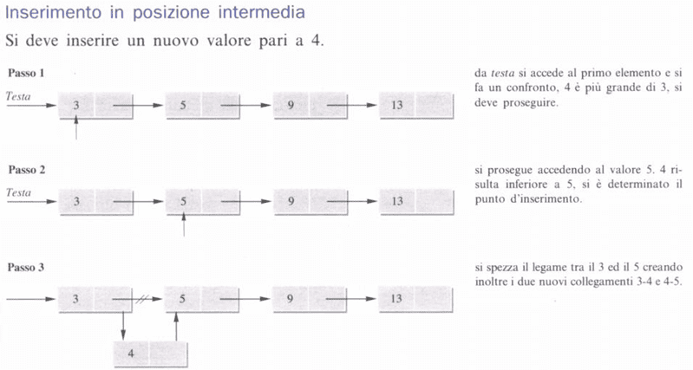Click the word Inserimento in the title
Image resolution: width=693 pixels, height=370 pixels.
click(x=54, y=12)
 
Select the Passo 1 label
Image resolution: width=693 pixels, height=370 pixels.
click(x=26, y=73)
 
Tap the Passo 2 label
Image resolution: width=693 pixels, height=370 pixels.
click(x=27, y=170)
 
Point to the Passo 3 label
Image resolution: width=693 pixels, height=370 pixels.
click(x=26, y=267)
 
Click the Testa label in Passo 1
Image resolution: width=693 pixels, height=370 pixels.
click(x=18, y=96)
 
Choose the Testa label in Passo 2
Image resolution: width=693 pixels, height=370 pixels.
click(x=18, y=192)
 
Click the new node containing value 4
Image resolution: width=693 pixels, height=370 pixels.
click(x=150, y=354)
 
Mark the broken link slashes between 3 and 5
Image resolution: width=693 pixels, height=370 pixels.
click(x=141, y=299)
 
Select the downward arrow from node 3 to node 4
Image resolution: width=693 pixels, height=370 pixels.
click(x=123, y=326)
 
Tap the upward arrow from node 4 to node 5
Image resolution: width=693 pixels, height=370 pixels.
click(x=176, y=326)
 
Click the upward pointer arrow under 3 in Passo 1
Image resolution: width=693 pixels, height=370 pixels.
click(x=76, y=127)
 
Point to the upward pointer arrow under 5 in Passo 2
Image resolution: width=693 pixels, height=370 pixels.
click(x=183, y=224)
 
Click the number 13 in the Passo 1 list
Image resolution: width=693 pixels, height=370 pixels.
click(x=397, y=105)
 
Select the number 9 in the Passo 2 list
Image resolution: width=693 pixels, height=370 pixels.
click(x=291, y=201)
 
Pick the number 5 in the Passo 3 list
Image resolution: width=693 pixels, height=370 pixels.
click(x=182, y=299)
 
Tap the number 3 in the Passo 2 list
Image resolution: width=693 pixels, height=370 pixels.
click(x=76, y=201)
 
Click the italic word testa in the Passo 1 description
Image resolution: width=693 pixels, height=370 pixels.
click(x=502, y=73)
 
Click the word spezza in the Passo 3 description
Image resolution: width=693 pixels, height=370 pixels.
click(x=503, y=268)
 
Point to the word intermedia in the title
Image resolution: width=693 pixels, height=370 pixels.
click(x=262, y=12)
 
